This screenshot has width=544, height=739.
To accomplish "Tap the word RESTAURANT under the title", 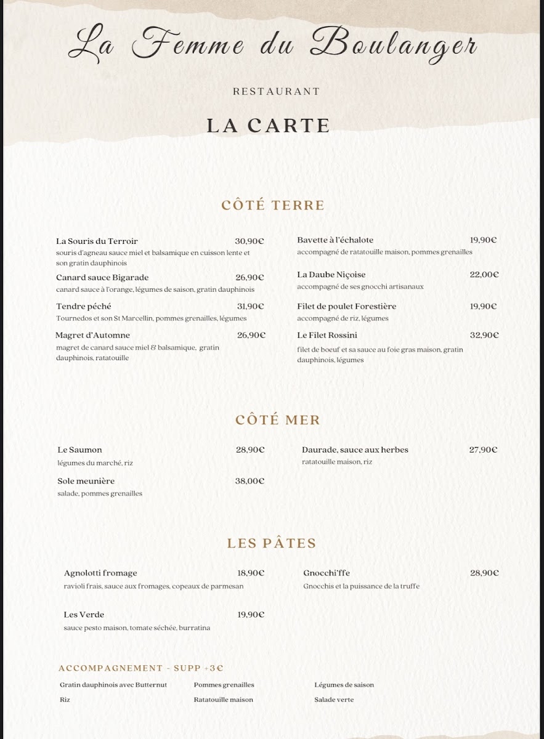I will point(277,91).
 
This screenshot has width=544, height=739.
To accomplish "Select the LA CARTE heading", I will point(269,125).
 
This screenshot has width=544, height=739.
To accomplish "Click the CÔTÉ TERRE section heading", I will point(273,205).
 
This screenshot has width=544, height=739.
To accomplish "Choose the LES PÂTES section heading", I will point(272,543).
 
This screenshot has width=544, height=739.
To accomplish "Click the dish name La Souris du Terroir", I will point(97,241).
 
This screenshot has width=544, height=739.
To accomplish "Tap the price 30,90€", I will point(250,241).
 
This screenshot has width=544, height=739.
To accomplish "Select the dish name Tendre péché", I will point(84,306).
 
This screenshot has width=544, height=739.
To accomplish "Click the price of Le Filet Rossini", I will point(484,335).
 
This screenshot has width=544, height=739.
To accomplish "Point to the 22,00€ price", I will point(484,274).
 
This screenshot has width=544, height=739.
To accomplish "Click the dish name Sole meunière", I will point(86,481).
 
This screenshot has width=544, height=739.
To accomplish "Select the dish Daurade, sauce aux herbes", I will point(355,450).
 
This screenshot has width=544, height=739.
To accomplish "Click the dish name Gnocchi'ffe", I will point(327,573).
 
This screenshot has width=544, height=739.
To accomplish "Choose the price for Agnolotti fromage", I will point(251,573).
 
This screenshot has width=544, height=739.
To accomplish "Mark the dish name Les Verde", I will point(84,614).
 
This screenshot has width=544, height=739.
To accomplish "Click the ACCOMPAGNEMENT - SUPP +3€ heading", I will point(140,668).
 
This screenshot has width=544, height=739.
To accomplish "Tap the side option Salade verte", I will point(334,700).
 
